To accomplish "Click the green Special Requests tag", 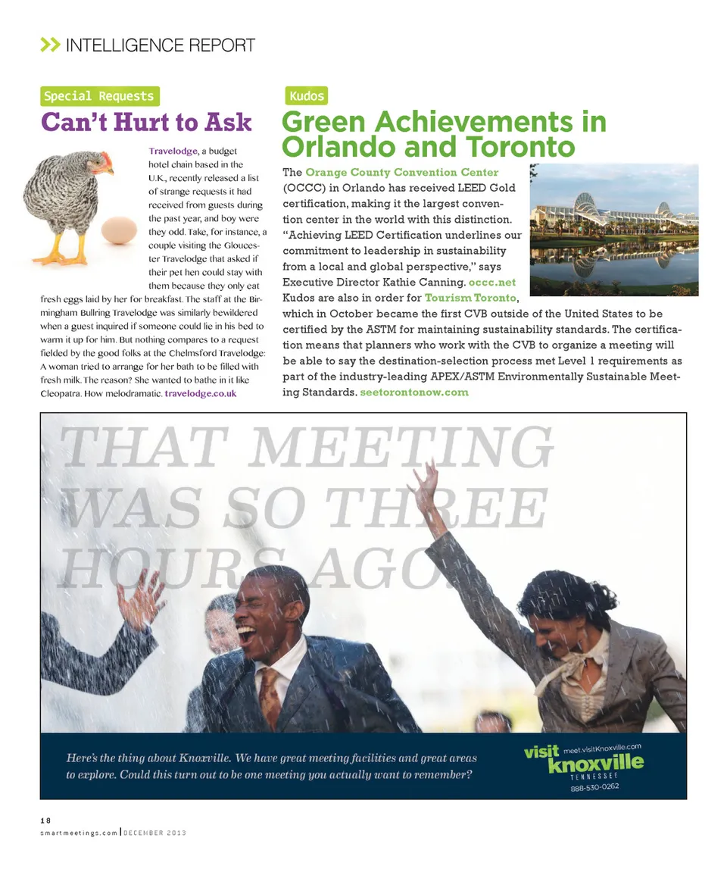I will pyautogui.click(x=99, y=96).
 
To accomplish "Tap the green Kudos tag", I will pyautogui.click(x=306, y=96).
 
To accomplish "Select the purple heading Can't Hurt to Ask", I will pyautogui.click(x=146, y=123).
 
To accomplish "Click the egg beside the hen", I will pyautogui.click(x=119, y=230).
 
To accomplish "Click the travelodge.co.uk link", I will pyautogui.click(x=201, y=394).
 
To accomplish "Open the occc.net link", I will pyautogui.click(x=492, y=283).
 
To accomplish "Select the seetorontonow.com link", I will pyautogui.click(x=414, y=392).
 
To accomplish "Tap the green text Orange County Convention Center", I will pyautogui.click(x=401, y=173).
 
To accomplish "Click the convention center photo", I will pyautogui.click(x=613, y=230).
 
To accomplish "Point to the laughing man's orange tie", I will pyautogui.click(x=270, y=697).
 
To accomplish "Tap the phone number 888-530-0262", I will pyautogui.click(x=595, y=787).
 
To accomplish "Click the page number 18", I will pyautogui.click(x=45, y=820).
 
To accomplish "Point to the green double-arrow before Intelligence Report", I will pyautogui.click(x=50, y=45).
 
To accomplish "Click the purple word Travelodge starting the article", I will pyautogui.click(x=173, y=151).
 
